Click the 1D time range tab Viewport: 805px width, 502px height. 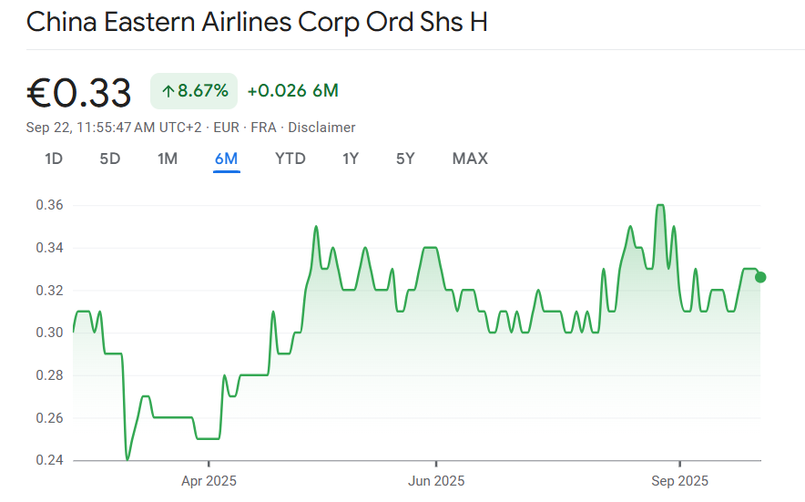[54, 159]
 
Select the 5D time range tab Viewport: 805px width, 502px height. [109, 159]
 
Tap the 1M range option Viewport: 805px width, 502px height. [168, 159]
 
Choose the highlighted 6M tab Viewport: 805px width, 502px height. [226, 159]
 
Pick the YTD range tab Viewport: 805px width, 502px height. [290, 159]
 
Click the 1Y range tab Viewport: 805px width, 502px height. [351, 159]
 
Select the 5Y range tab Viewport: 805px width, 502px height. [405, 159]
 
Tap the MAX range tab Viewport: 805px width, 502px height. [470, 159]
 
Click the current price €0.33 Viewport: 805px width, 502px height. [79, 92]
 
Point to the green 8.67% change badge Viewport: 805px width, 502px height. [194, 91]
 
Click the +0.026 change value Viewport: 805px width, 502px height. [277, 91]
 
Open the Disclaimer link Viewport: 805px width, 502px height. [322, 128]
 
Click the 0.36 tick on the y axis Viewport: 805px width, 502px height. [49, 205]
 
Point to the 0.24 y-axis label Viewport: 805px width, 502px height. [49, 460]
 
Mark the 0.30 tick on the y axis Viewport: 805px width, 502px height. [49, 333]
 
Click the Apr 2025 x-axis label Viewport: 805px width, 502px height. [209, 480]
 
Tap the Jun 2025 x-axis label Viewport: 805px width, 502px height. [435, 480]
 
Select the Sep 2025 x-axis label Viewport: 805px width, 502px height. [679, 480]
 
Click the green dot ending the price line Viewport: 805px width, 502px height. [760, 277]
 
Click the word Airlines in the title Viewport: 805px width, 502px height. [237, 22]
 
